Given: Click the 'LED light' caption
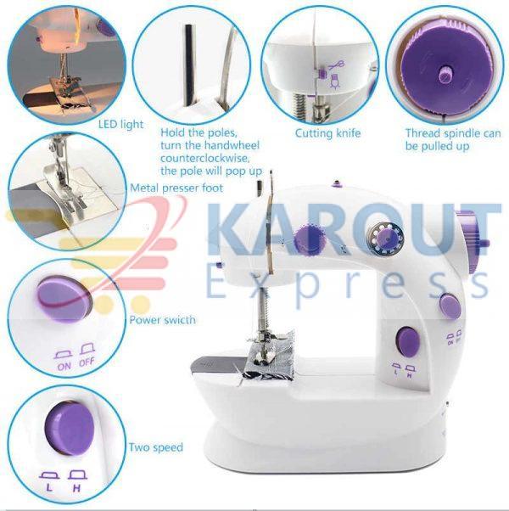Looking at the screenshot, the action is coord(120,124).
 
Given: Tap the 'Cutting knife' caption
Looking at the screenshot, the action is coord(328,133).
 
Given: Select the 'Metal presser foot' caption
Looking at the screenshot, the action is coord(176,188).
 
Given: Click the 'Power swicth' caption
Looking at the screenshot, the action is coord(163,320).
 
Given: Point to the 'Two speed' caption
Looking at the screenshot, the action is coord(156,447).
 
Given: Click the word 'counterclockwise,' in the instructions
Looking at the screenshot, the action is coord(204,159).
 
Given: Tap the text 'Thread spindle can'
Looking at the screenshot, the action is coord(453,133).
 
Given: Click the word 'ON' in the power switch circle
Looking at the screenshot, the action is coord(64,367).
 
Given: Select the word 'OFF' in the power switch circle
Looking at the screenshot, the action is coord(87,362).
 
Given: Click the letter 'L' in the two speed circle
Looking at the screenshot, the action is coord(49,488).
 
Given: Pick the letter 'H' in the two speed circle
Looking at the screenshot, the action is coord(77,488).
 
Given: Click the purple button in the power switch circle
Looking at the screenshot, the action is coord(62,298).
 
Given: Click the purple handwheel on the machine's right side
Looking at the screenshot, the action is coord(473,239).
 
